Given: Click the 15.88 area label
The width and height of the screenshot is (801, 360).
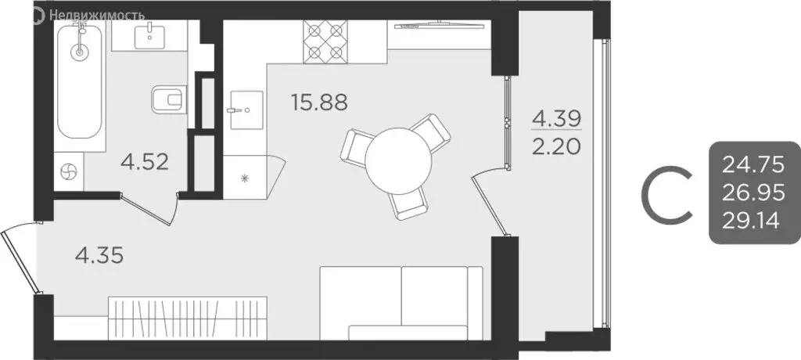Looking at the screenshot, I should point(318,102).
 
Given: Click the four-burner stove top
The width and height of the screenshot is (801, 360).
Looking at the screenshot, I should point(327,41).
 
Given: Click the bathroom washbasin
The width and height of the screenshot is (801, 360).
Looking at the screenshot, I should point(148,35).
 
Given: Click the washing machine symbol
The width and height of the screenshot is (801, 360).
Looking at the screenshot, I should point(68,171).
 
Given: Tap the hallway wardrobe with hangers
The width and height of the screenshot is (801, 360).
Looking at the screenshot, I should point(188,316).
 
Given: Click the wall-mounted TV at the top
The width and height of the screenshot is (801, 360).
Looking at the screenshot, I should point(438,27).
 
